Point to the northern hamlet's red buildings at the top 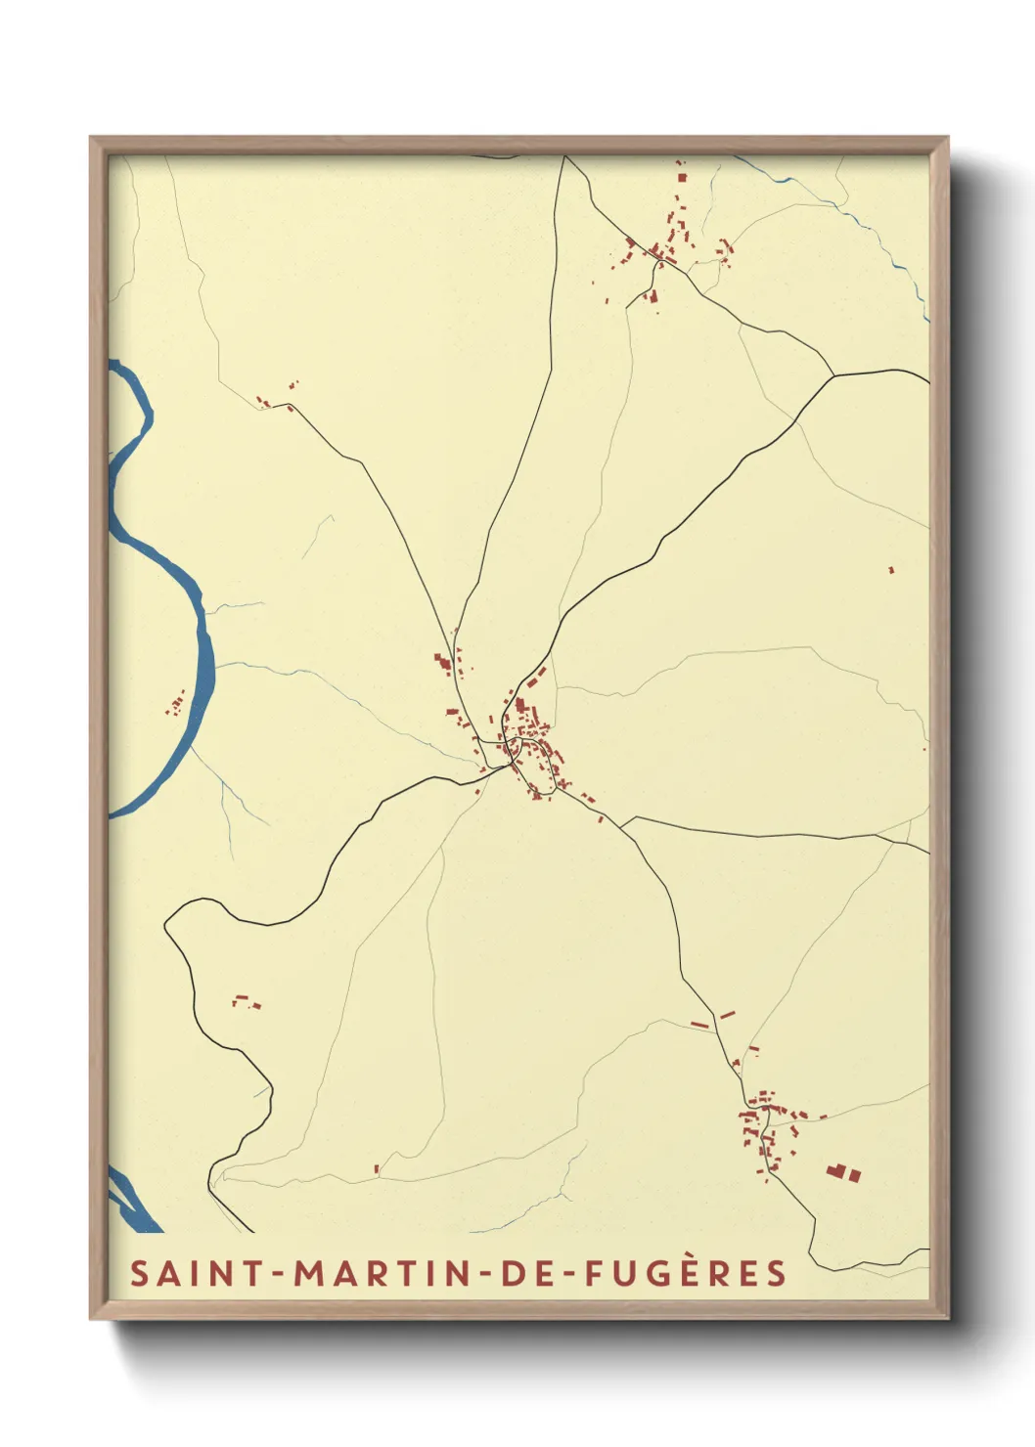tap(665, 244)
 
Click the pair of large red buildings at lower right tap(842, 1171)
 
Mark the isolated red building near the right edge tap(891, 569)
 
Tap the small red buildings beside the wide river tap(177, 703)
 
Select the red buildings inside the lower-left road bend tap(247, 1001)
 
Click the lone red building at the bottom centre tap(377, 1167)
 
